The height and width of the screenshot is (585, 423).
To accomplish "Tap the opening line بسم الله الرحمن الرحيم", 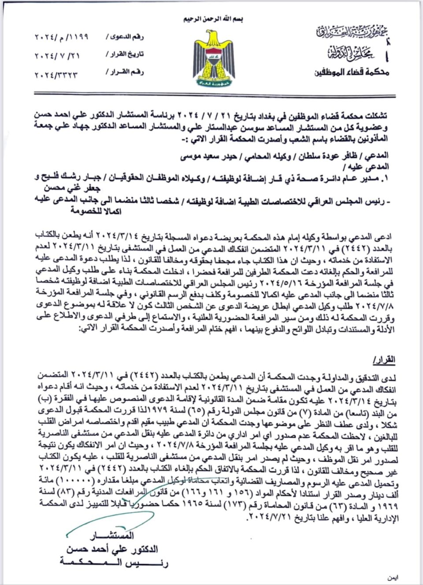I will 213,19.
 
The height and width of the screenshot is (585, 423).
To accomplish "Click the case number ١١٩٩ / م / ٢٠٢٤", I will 61,37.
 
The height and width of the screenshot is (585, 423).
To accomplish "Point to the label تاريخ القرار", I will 125,55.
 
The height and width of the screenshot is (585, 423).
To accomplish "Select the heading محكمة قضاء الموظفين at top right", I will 352,72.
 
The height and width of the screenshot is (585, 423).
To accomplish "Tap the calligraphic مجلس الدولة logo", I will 350,53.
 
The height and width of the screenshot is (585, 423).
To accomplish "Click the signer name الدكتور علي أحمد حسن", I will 112,548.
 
